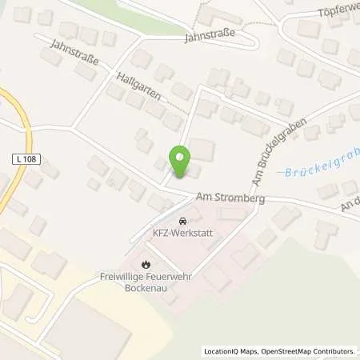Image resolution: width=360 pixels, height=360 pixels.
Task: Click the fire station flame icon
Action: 146,263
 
